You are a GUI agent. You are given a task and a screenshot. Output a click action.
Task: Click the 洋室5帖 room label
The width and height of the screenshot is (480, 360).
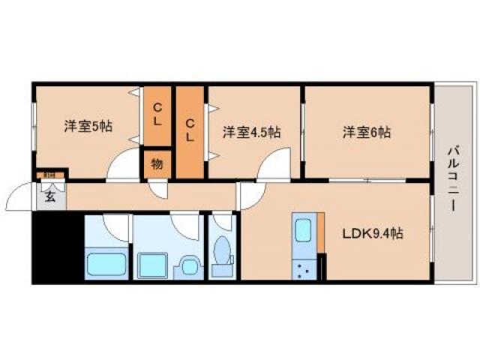[x=88, y=127]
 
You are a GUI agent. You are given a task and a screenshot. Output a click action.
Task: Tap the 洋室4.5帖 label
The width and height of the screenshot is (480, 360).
[x=251, y=133]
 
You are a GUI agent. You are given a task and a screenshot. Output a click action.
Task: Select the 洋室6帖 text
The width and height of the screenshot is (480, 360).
[x=367, y=133]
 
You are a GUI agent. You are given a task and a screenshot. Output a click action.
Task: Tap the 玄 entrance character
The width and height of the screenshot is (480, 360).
[x=49, y=198]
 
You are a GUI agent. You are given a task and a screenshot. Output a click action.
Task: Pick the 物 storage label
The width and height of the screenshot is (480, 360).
[x=157, y=164]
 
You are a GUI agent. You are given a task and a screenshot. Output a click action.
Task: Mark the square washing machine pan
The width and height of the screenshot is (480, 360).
[x=154, y=265]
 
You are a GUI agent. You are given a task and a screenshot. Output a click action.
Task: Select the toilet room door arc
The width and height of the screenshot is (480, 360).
[x=222, y=222]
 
